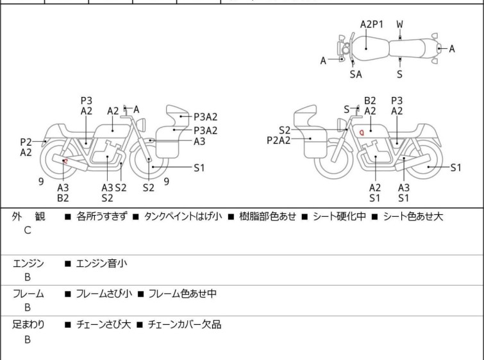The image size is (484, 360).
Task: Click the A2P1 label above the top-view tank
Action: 371,24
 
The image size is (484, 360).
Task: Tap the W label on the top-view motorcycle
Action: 399,24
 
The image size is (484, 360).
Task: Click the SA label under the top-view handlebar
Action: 356,74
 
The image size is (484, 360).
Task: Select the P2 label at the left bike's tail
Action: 26,142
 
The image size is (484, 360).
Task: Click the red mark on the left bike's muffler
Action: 65,161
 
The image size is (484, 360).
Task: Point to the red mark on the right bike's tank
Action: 362,132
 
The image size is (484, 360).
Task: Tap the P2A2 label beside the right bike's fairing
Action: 279,140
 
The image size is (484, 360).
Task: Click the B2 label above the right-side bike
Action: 370,101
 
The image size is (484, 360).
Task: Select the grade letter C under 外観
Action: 28,230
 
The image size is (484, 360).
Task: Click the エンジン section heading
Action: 28,263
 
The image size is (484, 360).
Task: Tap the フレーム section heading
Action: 28,294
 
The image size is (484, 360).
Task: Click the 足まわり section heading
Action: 28,325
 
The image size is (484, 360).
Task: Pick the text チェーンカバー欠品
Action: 185,325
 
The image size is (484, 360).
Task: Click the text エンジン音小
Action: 103,263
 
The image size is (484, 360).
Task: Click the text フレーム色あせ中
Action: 182,294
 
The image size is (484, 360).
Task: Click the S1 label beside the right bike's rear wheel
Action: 455,168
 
